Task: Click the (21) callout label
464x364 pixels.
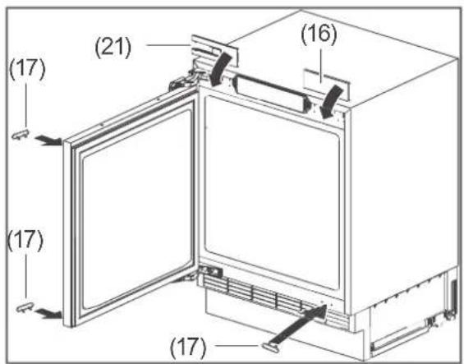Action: tap(113, 47)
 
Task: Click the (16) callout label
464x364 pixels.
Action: tap(319, 34)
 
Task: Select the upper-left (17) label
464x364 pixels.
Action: tap(28, 69)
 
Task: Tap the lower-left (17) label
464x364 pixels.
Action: tap(25, 241)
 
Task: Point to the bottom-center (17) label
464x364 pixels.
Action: tap(188, 347)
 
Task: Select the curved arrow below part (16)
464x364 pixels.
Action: tap(331, 101)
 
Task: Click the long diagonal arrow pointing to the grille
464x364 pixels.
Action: tap(299, 324)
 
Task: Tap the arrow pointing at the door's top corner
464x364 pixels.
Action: tap(48, 140)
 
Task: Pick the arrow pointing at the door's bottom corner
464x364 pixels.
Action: tap(48, 312)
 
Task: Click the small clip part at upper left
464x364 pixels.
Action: tap(21, 135)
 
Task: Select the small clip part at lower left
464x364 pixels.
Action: tap(25, 308)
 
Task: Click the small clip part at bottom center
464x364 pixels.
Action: tap(269, 348)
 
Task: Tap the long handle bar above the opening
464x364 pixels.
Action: tap(271, 94)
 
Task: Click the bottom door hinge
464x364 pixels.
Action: tap(186, 278)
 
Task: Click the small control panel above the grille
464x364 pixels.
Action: tap(211, 270)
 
